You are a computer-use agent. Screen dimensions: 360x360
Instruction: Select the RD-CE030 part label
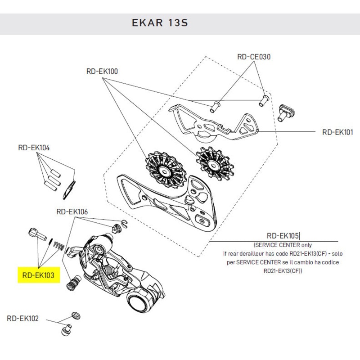coord(254,57)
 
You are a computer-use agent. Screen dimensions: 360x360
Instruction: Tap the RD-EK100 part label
coord(102,71)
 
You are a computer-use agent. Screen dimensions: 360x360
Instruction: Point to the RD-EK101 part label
coord(338,132)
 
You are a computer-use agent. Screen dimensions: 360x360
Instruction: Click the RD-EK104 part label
coord(34,147)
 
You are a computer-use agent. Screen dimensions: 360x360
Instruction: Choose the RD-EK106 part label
coord(72,211)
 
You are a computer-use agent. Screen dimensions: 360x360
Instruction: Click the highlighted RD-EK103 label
coord(39,274)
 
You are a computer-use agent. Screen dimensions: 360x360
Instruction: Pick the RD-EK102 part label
coord(23,319)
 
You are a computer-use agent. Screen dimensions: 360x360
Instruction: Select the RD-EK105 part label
coord(283,235)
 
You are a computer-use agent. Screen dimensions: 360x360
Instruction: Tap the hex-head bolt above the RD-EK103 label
coord(36,235)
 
